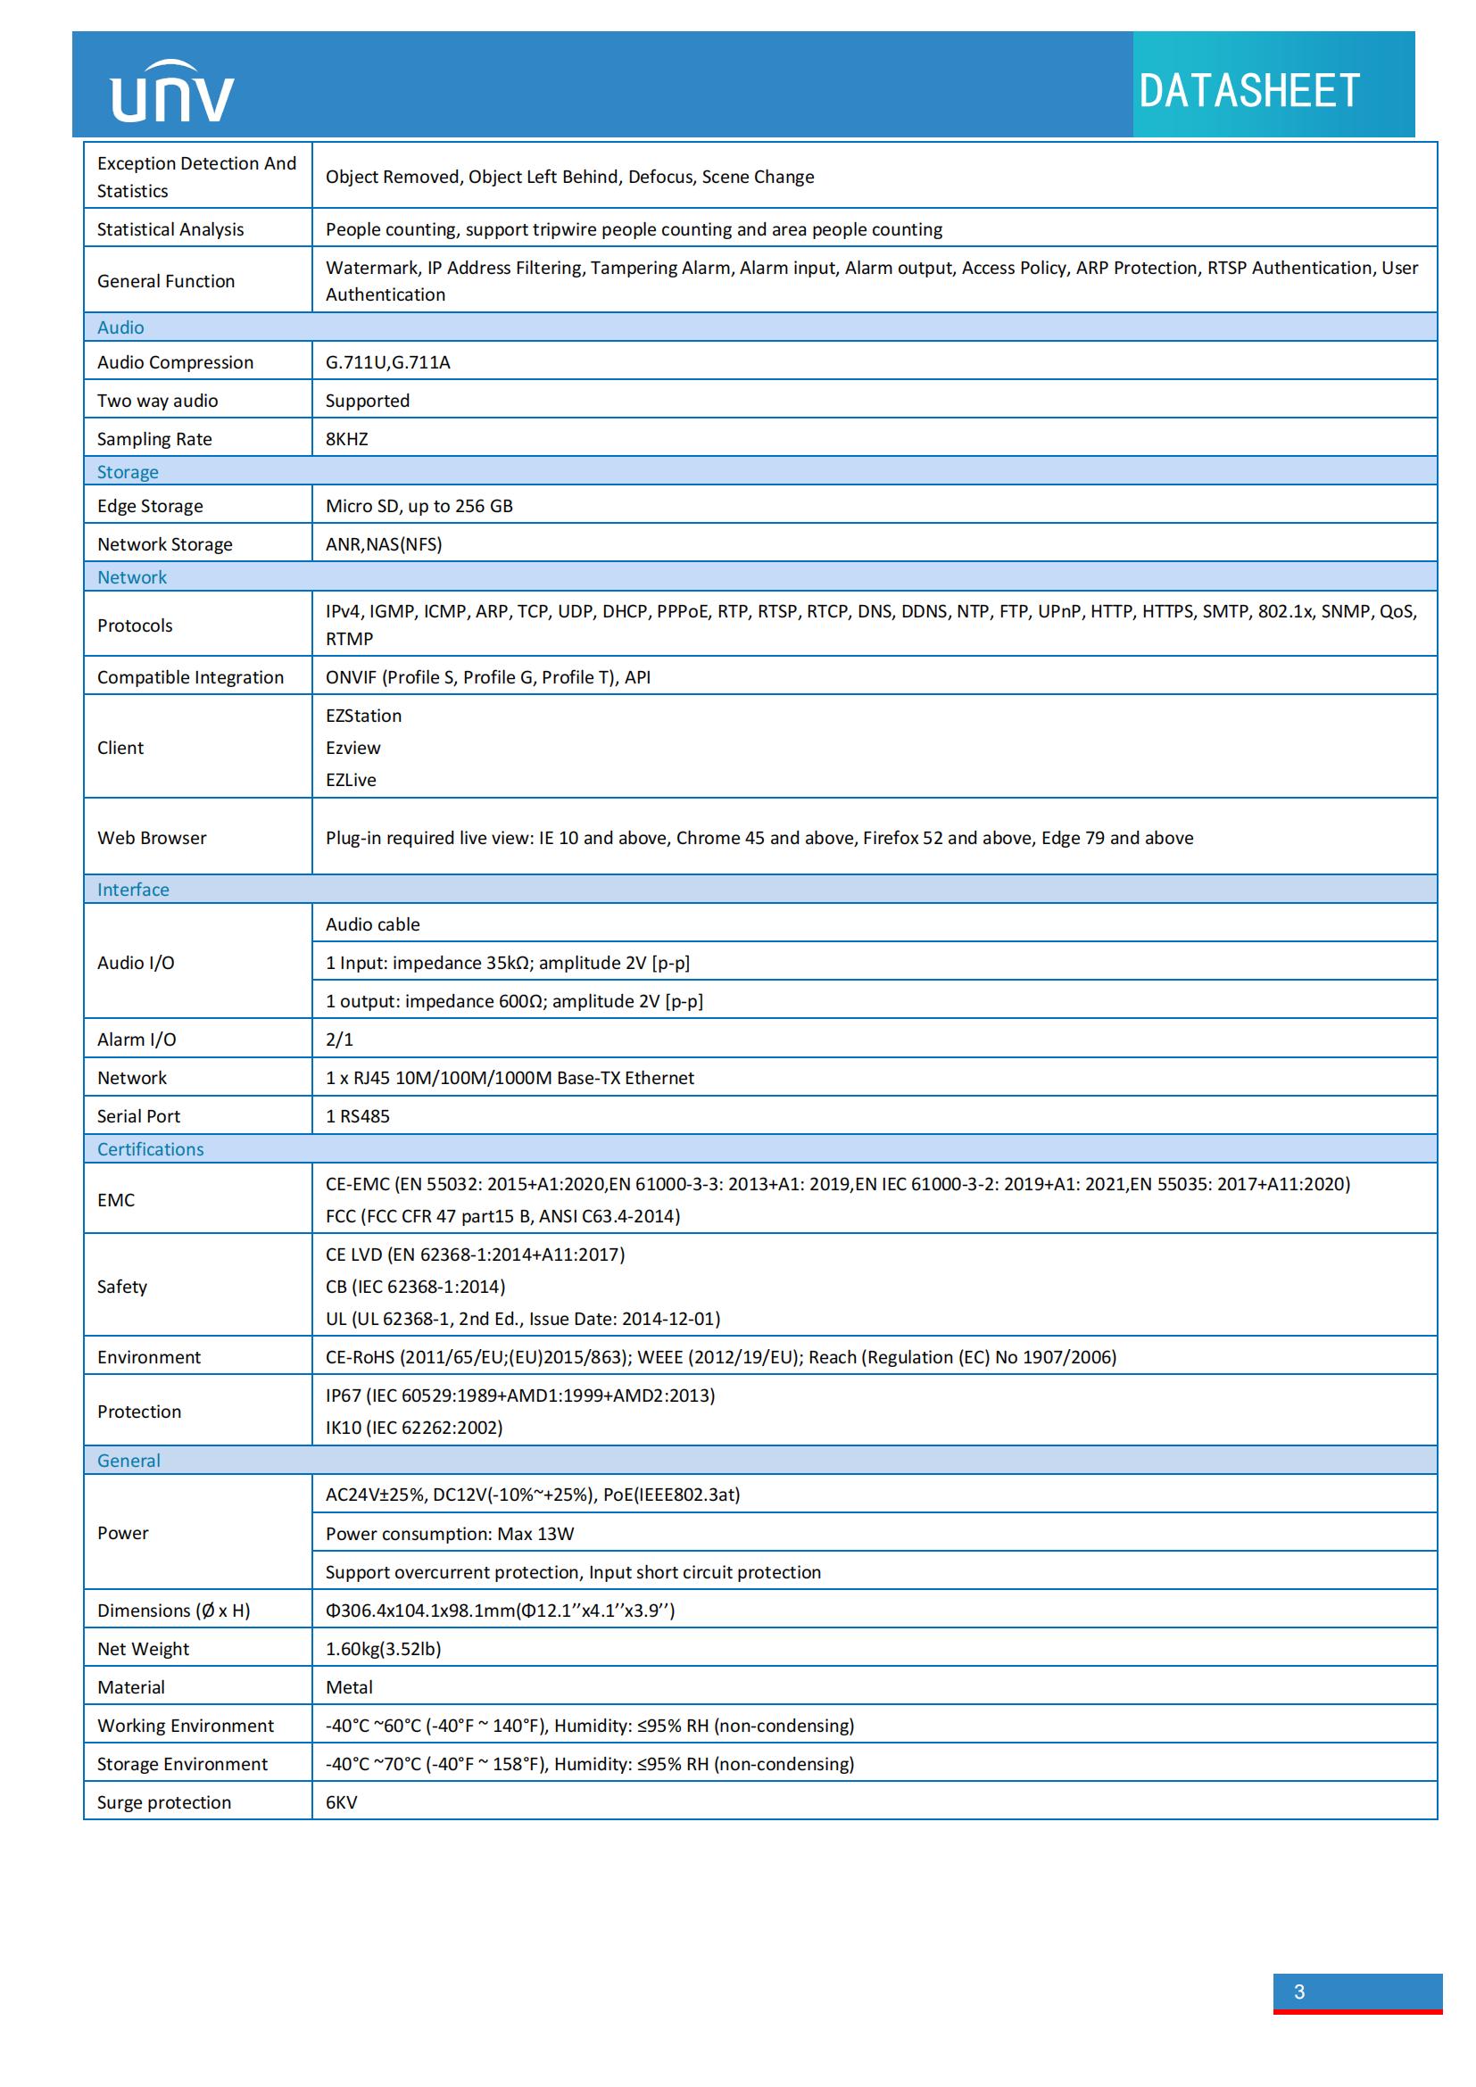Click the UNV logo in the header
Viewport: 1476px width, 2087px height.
171,92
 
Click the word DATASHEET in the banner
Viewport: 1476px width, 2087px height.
1248,91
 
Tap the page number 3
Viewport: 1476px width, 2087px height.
1298,1992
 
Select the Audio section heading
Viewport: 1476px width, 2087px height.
120,327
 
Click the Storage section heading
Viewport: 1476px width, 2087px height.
129,472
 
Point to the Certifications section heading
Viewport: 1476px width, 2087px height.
151,1149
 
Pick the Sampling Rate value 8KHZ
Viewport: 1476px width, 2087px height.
347,439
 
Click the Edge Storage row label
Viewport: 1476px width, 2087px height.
150,506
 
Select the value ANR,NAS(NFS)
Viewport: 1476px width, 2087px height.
384,544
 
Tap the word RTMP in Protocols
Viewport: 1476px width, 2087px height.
350,639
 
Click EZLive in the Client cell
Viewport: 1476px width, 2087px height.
351,780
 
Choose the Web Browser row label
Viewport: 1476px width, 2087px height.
152,838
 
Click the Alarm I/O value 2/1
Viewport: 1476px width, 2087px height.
340,1039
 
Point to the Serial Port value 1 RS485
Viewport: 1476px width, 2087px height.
358,1116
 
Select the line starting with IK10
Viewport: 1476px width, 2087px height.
414,1427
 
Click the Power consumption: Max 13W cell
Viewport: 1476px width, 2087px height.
450,1534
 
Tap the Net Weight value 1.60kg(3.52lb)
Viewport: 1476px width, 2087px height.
384,1649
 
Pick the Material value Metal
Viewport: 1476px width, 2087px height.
350,1687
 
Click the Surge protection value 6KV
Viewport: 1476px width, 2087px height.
342,1801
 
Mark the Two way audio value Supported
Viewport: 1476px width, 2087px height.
368,401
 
